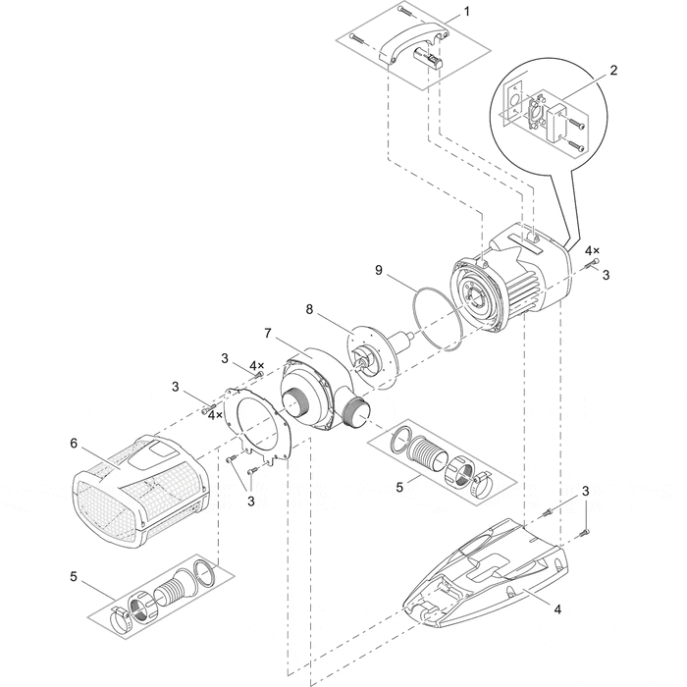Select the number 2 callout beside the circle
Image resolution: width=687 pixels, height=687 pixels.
point(612,71)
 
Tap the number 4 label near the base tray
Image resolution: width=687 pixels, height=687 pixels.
point(556,609)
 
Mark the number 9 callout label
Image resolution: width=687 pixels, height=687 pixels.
point(375,266)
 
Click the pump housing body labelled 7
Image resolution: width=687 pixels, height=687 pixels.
point(314,393)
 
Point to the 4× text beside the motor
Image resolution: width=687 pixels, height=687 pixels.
point(592,251)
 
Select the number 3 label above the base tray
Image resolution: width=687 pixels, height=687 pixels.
point(585,491)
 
